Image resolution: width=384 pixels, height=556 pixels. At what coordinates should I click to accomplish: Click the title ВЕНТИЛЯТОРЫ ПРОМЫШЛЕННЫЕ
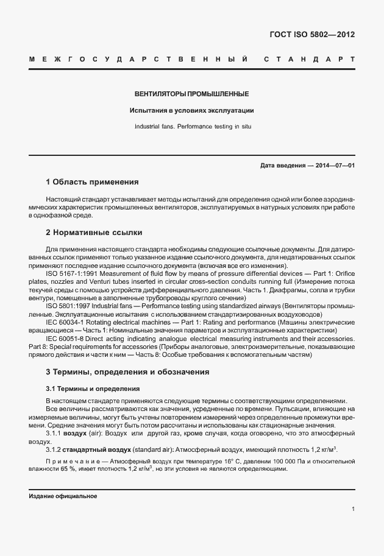tap(191, 94)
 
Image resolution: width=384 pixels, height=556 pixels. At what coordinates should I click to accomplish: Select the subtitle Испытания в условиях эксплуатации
tap(191, 111)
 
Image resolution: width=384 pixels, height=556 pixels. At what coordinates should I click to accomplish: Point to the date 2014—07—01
tap(333, 166)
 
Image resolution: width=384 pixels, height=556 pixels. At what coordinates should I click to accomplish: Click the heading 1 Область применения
tap(92, 182)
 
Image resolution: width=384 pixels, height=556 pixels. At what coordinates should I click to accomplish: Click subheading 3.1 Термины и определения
tap(93, 389)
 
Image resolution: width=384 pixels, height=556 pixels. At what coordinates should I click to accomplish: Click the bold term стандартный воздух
tap(97, 449)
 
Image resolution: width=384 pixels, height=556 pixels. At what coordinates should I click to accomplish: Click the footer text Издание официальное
tap(63, 496)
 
